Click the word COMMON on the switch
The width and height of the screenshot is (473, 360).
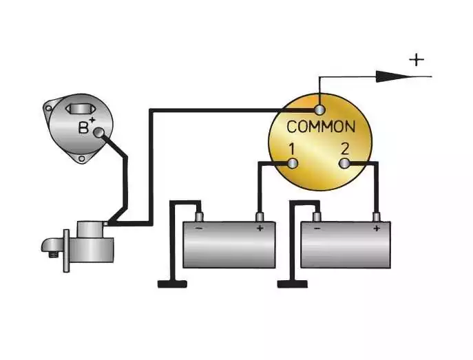point(321,127)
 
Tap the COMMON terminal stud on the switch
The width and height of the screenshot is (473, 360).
point(319,109)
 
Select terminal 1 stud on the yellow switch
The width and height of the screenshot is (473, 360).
point(293,164)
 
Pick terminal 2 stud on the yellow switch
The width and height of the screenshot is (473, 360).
point(344,164)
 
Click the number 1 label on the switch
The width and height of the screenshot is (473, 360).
point(291,149)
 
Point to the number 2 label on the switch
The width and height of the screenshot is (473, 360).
point(345,149)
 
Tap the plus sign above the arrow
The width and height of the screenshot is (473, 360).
point(417,60)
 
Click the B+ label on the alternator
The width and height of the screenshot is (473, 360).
point(87,126)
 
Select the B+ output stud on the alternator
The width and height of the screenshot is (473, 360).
point(98,132)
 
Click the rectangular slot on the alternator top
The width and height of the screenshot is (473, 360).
point(81,109)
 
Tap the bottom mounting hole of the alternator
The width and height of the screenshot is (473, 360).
point(81,159)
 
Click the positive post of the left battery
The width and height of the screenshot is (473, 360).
point(260,217)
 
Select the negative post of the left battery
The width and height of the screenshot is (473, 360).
point(199,217)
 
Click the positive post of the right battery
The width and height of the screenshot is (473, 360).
point(376,217)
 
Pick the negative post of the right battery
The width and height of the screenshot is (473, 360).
point(317,217)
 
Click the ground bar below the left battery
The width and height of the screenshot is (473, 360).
point(172,284)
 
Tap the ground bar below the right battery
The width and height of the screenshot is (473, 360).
point(293,284)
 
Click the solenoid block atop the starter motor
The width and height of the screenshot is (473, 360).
point(90,230)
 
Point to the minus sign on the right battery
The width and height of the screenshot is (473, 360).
point(317,229)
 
